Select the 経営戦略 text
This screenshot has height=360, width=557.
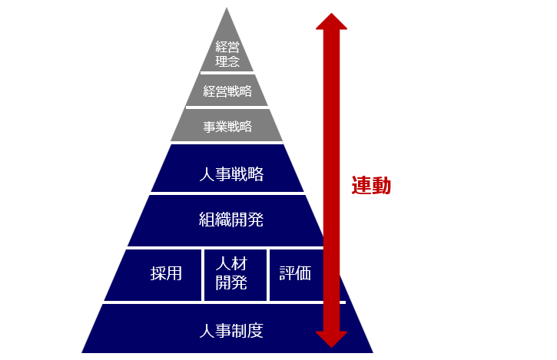(x=227, y=91)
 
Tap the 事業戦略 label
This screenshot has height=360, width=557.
(x=227, y=127)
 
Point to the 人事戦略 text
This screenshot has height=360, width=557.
(x=230, y=174)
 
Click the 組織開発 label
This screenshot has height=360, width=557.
(x=230, y=220)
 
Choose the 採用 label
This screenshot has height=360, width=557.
(x=166, y=273)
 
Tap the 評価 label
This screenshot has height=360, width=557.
(x=295, y=273)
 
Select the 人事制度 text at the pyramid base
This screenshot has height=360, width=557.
(x=230, y=332)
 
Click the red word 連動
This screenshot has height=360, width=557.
(x=371, y=186)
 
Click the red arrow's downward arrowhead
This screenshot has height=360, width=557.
(x=331, y=338)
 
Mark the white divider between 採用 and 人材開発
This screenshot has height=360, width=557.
(x=203, y=274)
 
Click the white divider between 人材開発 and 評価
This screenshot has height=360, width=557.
(x=268, y=274)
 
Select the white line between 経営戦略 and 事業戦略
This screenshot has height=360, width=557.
(x=227, y=107)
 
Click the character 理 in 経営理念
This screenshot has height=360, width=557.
(x=221, y=61)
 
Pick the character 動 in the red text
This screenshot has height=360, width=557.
(x=381, y=186)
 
